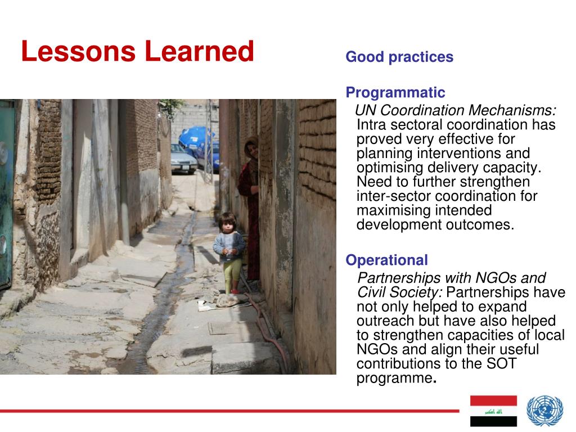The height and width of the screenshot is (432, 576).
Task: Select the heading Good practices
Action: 399,57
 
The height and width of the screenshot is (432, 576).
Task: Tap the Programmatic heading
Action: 395,93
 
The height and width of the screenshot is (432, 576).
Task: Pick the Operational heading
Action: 387,260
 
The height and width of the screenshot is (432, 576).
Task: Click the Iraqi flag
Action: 493,411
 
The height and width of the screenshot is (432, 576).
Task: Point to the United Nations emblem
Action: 544,411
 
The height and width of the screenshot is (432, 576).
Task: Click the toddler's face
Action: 228,224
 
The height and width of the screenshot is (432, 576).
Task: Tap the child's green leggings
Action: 232,274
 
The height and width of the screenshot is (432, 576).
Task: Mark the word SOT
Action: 501,364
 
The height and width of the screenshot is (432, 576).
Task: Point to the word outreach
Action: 385,321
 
